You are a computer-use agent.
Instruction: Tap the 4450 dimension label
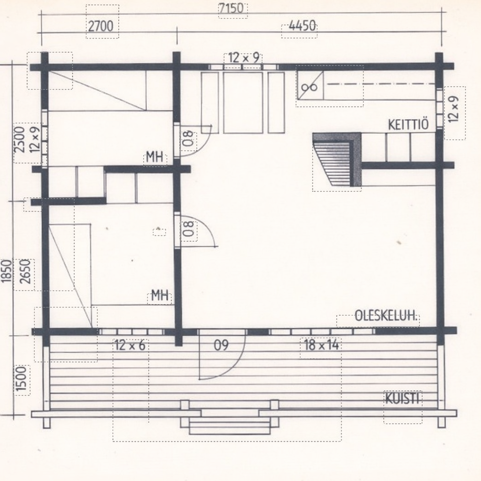pos(302,26)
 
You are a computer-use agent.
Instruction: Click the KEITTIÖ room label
pos(408,125)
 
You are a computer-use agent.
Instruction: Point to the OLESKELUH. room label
pos(387,316)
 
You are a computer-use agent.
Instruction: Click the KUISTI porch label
pos(402,399)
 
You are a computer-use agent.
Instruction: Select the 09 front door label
pos(221,345)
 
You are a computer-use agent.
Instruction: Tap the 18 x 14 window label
pos(321,345)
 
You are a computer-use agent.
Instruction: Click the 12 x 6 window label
pos(130,346)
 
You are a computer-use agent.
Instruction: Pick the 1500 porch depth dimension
pos(21,379)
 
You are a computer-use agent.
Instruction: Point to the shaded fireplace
pos(337,159)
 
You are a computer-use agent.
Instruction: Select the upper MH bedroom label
pos(155,157)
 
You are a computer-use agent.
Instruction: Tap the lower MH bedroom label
pos(160,296)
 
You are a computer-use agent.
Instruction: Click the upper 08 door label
pos(189,139)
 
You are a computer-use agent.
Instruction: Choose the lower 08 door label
pos(189,229)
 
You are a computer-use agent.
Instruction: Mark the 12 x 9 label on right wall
pos(455,109)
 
